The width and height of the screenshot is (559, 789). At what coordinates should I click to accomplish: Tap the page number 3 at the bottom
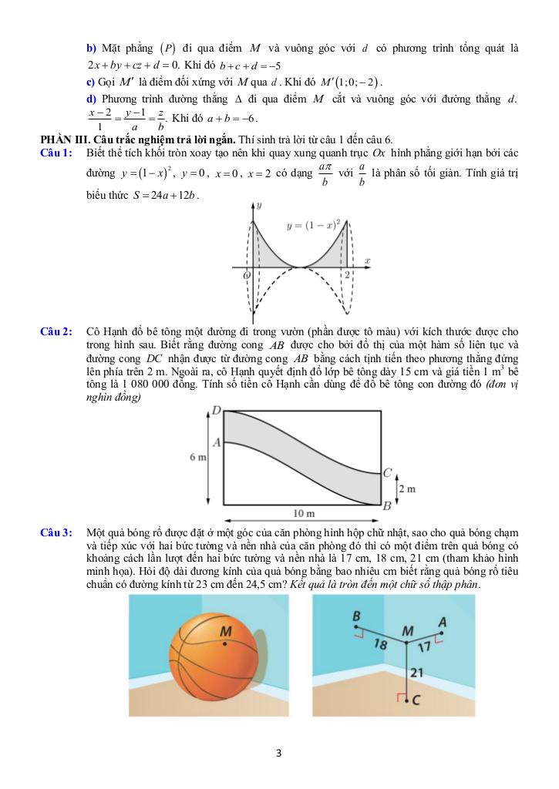(278, 753)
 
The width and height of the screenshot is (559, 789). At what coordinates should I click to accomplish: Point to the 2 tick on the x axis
(348, 274)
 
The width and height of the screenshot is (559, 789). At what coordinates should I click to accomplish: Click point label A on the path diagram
(217, 442)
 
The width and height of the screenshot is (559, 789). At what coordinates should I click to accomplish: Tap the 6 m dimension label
(198, 458)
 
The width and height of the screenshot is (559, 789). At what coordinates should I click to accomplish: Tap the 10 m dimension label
(305, 514)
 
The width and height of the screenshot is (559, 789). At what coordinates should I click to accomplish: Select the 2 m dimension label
(406, 489)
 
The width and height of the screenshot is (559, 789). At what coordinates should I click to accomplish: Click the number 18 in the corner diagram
(380, 644)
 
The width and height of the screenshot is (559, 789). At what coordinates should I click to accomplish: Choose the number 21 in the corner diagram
(416, 673)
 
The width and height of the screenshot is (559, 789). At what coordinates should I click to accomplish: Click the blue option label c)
(91, 82)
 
